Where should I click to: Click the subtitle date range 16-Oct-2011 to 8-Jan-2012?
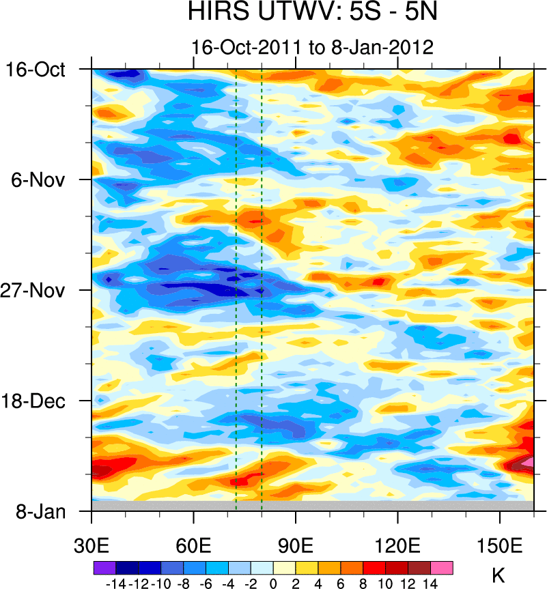point(313,48)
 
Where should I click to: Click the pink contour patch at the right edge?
point(527,462)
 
